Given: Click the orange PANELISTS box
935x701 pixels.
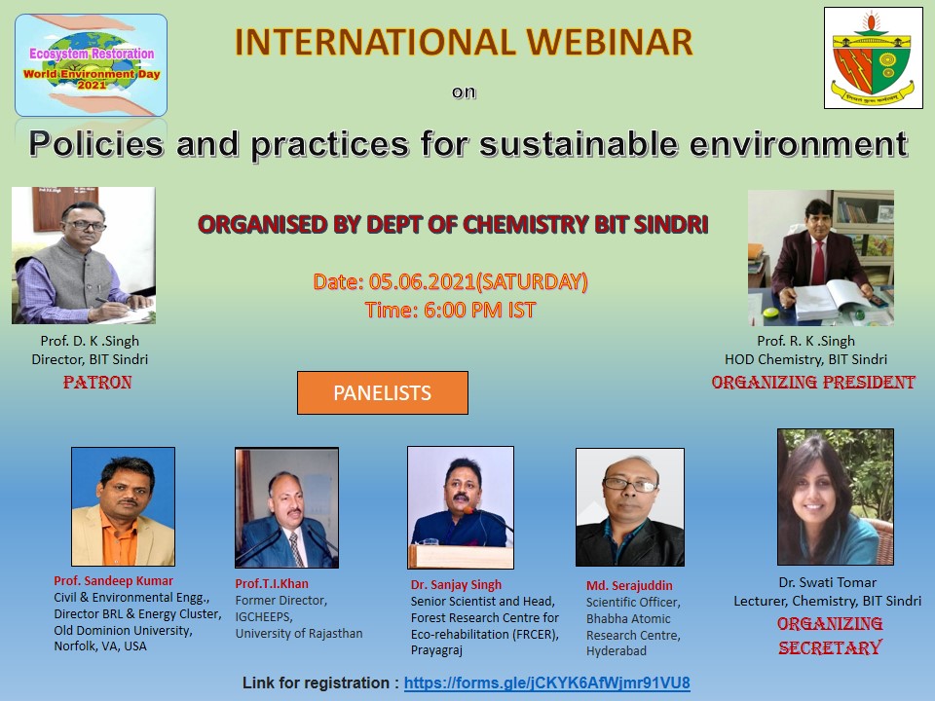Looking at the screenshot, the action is (382, 392).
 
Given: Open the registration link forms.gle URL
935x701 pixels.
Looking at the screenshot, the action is (546, 683).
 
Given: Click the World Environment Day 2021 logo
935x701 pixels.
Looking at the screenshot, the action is (92, 65).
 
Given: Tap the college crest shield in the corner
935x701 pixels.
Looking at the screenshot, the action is (873, 57).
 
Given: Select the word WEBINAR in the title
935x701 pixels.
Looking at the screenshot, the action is (609, 42).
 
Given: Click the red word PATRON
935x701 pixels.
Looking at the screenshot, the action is (97, 382).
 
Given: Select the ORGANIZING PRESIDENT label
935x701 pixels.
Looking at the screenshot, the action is (812, 382).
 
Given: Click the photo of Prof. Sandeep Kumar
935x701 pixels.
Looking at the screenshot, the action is (124, 506).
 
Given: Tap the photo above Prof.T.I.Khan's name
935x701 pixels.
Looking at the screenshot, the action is (286, 507).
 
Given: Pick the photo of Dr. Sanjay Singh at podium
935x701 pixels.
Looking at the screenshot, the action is (461, 507).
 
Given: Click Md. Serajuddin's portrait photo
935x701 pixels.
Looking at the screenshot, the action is (630, 507).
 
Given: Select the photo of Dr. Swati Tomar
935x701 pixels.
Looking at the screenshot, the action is (836, 497).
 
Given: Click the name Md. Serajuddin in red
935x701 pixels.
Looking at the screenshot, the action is (629, 585).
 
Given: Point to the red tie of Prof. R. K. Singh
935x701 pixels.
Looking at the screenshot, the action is (819, 262).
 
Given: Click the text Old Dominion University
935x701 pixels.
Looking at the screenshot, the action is (123, 630).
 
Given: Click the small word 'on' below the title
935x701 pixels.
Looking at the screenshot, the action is (464, 92).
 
